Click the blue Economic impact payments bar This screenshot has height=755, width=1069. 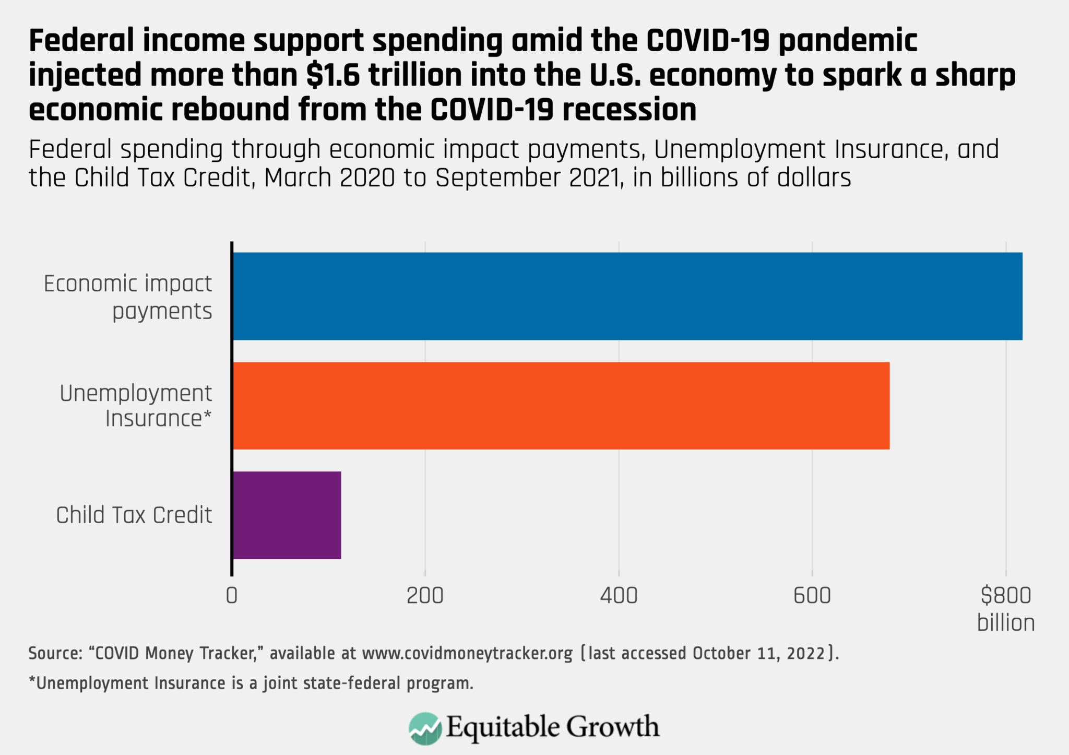(x=626, y=296)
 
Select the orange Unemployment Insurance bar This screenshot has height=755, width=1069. (x=561, y=406)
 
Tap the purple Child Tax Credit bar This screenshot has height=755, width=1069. (x=287, y=515)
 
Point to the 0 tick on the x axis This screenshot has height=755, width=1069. (x=232, y=596)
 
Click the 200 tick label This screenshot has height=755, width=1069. (x=425, y=596)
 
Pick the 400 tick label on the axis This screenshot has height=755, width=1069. (x=619, y=596)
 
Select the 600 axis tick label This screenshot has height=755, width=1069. (x=812, y=596)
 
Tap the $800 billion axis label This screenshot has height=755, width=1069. (x=1005, y=609)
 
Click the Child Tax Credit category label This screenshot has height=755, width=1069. (x=134, y=515)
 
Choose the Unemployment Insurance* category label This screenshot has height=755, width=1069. (x=136, y=406)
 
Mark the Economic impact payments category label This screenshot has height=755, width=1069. (x=128, y=297)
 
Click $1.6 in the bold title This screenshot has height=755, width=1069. (x=333, y=75)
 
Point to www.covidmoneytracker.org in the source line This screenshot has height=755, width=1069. (x=467, y=653)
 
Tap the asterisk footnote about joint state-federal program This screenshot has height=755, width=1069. (x=251, y=683)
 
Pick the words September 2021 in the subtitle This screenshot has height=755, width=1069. (x=528, y=178)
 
